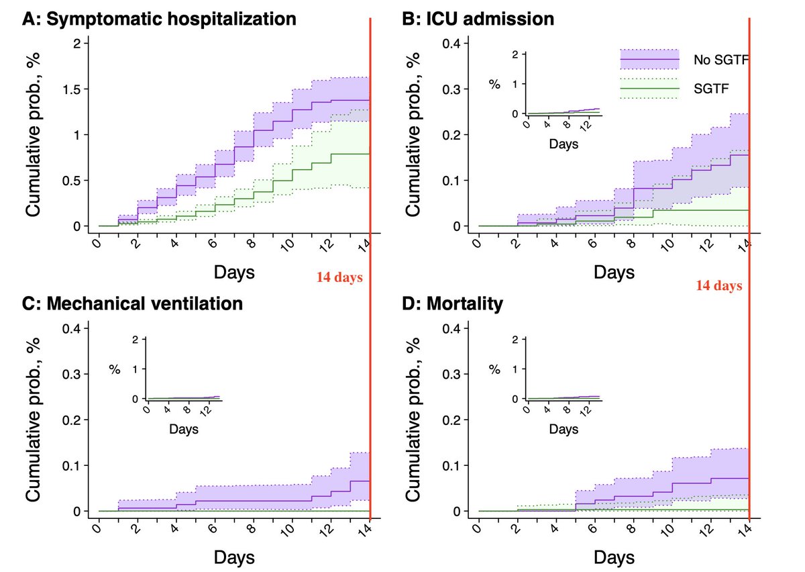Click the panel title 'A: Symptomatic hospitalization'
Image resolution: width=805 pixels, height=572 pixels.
point(159,19)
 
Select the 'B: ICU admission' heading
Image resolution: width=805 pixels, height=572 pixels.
point(478,19)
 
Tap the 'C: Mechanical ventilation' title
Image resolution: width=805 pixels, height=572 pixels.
point(132,303)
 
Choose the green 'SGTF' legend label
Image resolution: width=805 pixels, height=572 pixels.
point(710,88)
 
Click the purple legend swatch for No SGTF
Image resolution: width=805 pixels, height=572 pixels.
point(649,60)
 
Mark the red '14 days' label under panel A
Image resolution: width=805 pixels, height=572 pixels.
point(339,276)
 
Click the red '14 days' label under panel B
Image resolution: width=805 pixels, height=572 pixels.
point(718,285)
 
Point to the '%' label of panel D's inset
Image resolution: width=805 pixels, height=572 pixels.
point(495,369)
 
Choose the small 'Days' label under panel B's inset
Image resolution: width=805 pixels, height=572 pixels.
point(562,143)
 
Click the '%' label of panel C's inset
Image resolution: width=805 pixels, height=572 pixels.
point(116,369)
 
